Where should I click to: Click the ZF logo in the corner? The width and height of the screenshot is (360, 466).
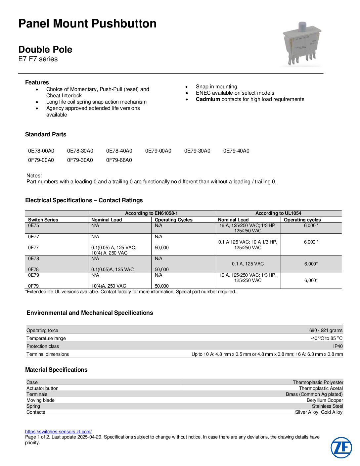[x=341, y=447]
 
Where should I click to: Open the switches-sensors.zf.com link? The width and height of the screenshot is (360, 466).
[x=58, y=432]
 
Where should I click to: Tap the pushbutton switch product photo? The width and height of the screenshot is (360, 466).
[x=302, y=44]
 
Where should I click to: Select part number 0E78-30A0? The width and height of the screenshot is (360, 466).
[x=80, y=151]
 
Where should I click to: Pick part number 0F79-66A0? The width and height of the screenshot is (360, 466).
[x=119, y=160]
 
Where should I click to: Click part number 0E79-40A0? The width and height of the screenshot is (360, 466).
[x=236, y=151]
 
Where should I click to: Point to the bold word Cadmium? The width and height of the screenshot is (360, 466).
[x=208, y=99]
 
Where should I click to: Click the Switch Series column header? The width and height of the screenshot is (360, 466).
[x=43, y=220]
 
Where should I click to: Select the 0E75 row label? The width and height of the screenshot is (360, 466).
[x=33, y=226]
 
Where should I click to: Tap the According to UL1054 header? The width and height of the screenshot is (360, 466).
[x=278, y=213]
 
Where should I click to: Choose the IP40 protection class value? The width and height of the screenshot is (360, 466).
[x=338, y=346]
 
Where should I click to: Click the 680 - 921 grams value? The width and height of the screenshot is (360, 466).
[x=326, y=330]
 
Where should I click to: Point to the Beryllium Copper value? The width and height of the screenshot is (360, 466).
[x=325, y=400]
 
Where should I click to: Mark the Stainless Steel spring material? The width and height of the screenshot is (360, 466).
[x=327, y=406]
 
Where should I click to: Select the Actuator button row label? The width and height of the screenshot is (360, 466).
[x=42, y=388]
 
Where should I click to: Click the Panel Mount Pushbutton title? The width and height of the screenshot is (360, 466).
[x=87, y=23]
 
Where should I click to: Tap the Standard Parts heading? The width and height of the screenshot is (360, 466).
[x=46, y=134]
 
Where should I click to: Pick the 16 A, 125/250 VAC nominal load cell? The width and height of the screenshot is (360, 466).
[x=248, y=228]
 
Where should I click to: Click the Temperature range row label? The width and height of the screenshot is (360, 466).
[x=46, y=338]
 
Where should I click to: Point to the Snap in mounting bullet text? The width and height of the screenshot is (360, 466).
[x=216, y=87]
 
